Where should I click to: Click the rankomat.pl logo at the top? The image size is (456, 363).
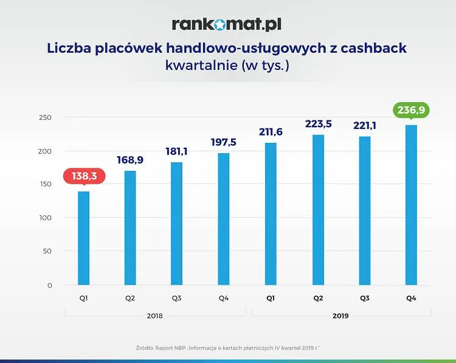click(226, 24)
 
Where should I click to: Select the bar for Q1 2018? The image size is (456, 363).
click(84, 238)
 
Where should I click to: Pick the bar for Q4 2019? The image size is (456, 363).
click(411, 205)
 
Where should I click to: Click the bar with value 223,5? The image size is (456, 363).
click(318, 210)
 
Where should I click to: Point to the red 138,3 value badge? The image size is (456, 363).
click(84, 176)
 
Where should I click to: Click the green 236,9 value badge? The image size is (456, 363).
click(411, 109)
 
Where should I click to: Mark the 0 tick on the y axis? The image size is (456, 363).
click(50, 285)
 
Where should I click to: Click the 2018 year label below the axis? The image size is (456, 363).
click(155, 316)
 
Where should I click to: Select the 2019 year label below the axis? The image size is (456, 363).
click(341, 316)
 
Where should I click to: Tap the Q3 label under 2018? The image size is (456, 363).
click(177, 299)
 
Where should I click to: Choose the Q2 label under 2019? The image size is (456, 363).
click(318, 299)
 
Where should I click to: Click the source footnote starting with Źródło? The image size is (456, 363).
click(228, 348)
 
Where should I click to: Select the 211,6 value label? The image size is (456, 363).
click(271, 132)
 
